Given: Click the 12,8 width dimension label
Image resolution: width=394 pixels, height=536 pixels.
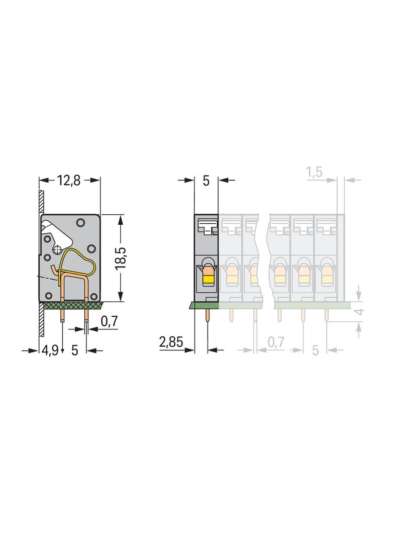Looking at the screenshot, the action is point(69,181).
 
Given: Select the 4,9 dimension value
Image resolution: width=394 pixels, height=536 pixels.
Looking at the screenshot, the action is point(50,350).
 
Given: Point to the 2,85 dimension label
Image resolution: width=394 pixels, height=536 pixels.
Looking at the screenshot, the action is point(171,341).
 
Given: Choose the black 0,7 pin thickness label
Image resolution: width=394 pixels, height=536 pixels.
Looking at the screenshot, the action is point(110,321).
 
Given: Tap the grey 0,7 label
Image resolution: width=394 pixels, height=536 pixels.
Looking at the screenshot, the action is point(276,342).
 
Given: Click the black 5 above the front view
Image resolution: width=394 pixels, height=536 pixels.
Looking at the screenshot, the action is point(206,181).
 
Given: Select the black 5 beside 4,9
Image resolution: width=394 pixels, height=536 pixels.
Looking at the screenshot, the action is point(75,350).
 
